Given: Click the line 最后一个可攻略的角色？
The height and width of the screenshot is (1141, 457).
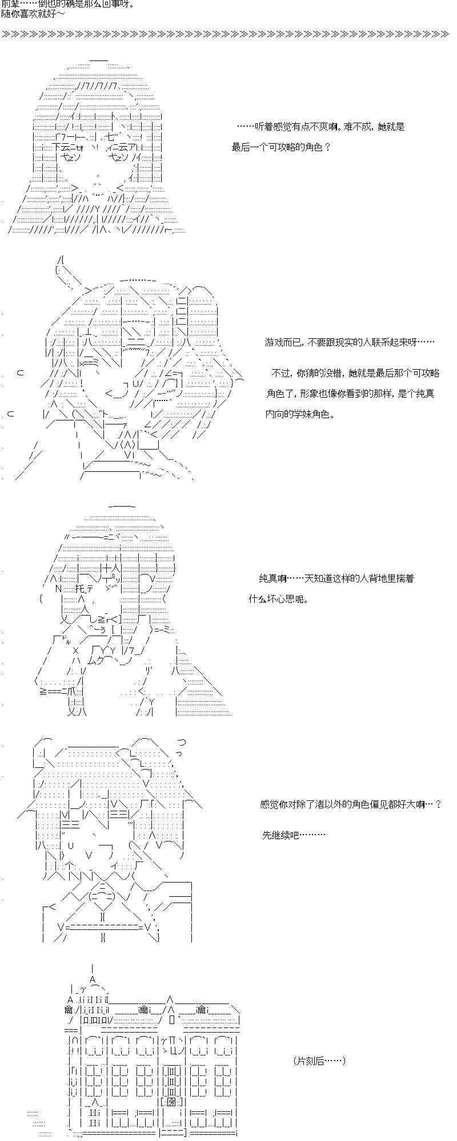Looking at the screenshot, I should (281, 147).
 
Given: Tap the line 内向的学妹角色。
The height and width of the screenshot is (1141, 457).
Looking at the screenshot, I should (300, 415).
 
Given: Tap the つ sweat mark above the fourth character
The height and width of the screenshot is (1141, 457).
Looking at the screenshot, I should (181, 742).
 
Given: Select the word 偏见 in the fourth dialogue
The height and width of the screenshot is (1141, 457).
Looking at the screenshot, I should (386, 804).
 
